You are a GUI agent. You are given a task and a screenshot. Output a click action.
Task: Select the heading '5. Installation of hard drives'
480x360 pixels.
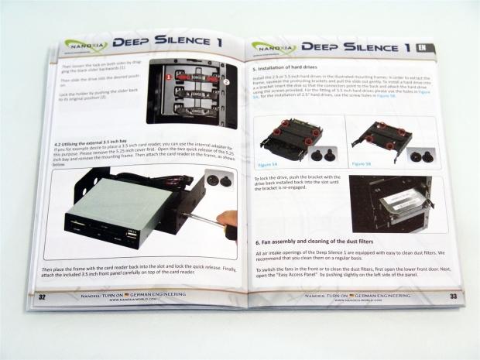(x=290, y=69)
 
